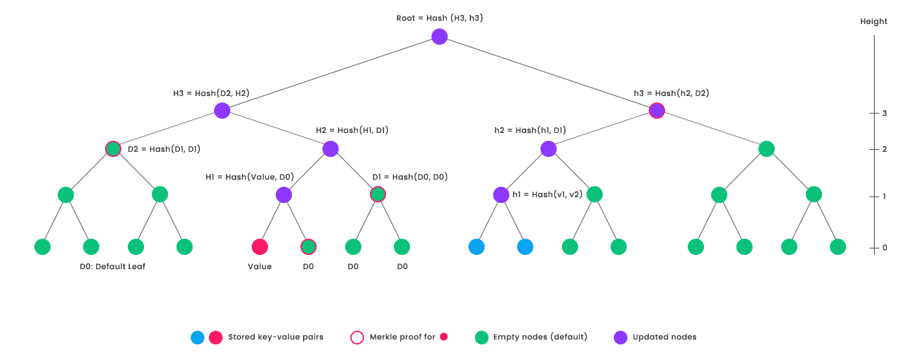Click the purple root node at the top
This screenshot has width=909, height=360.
pos(439,37)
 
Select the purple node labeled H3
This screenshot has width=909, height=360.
pos(223,111)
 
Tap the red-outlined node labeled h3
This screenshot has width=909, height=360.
pos(657,111)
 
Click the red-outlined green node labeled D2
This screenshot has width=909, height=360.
pos(114,149)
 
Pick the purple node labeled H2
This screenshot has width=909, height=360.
pos(330,149)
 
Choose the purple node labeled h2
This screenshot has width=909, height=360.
pos(548,149)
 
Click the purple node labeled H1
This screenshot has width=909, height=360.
pos(284,195)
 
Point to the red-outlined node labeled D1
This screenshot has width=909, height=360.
pos(378,195)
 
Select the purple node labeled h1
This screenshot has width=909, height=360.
pos(501,195)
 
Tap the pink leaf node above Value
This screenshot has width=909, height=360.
pos(260,246)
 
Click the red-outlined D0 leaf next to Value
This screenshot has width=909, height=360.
pos(308,246)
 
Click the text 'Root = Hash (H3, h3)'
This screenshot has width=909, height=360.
pos(439,18)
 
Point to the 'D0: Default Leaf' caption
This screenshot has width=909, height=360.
pos(112,267)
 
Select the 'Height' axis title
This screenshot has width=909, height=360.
pos(873,21)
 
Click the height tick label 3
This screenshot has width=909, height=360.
pos(884,113)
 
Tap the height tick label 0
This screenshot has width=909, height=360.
pos(884,248)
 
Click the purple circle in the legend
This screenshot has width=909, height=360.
pos(621,337)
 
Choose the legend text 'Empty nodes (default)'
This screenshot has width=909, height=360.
pos(540,337)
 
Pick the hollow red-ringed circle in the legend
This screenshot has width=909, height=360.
pos(357,337)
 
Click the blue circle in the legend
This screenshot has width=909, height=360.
pos(198,337)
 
